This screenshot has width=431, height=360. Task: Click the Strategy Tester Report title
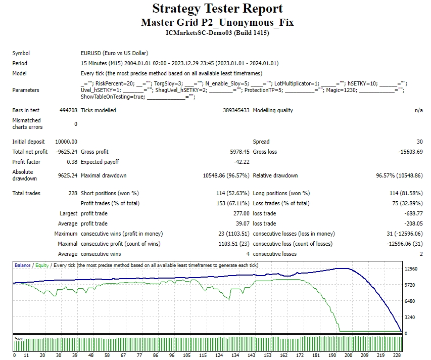point(217,9)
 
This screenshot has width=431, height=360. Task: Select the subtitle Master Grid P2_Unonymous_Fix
point(217,22)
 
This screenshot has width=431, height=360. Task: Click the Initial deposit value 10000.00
point(67,142)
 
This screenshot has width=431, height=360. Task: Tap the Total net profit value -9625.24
point(66,152)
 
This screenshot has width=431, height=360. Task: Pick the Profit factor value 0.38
point(72,162)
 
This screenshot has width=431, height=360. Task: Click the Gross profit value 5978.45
point(238,152)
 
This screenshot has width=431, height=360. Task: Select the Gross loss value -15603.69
point(410,152)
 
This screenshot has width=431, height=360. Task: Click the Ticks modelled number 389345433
point(236,110)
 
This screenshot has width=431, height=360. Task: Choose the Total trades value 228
point(73,193)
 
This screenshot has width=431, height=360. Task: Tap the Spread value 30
point(419,142)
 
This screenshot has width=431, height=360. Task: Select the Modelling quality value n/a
point(419,110)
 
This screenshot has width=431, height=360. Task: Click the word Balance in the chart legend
point(22,265)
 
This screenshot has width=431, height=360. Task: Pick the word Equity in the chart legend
point(42,265)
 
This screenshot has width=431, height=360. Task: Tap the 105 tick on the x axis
point(188,355)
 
